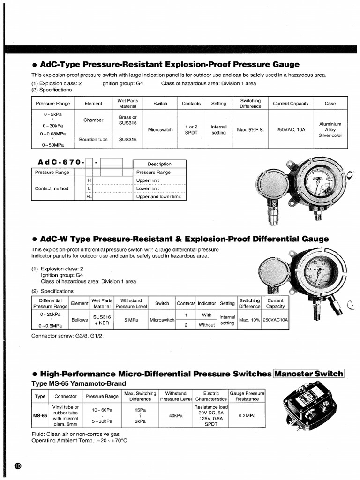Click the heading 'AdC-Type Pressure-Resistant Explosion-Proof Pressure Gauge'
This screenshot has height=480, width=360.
coord(165,64)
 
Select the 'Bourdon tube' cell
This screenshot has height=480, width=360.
coord(93,139)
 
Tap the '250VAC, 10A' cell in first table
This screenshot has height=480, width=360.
coord(291,129)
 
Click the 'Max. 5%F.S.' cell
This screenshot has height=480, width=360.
coord(250,129)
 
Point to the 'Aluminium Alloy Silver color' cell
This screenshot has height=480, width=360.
coord(330,129)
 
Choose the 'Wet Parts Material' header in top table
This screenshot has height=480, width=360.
coord(127,103)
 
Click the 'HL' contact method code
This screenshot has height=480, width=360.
coord(89,197)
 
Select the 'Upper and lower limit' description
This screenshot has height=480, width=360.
coord(158,197)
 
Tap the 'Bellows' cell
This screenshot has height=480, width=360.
coord(79,320)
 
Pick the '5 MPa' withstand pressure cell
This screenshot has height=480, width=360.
coord(131,320)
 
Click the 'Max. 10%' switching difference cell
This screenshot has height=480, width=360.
coord(249,320)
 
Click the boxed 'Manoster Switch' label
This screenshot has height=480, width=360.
coord(308,374)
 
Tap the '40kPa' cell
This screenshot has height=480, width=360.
coord(176,415)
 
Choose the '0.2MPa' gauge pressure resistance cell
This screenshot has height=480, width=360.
coord(247,415)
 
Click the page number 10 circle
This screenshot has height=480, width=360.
coord(18,466)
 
